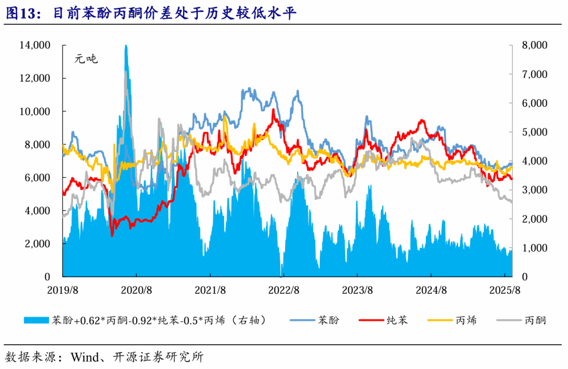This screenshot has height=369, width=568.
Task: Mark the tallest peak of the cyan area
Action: tap(126, 46)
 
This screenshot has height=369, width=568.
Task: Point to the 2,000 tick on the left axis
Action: tap(37, 244)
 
